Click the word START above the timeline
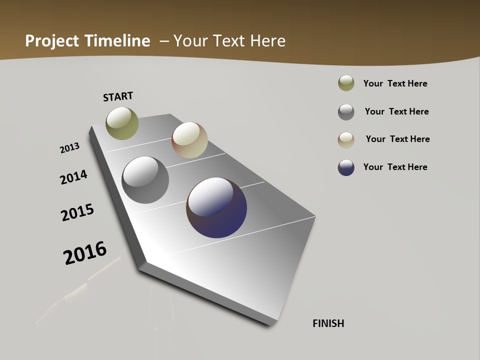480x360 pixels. pos(118,96)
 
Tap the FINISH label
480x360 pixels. pos(328,323)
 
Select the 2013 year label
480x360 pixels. pos(69,148)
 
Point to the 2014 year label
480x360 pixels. pos(73,177)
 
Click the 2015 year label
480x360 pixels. pos(77,212)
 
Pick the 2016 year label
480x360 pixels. pos(85,253)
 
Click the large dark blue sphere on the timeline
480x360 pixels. pos(216,207)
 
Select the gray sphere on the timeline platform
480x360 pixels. pos(145,180)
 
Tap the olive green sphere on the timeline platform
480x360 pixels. pos(122,123)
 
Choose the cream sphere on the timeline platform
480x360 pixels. pos(189,140)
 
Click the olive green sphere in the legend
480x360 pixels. pos(346,83)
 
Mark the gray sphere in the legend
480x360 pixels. pos(346,112)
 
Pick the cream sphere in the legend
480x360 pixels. pos(346,140)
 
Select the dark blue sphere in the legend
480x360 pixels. pos(346,167)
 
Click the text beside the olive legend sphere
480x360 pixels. pos(395,83)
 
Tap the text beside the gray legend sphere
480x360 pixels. pos(396,111)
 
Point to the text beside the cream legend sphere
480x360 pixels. pos(397,139)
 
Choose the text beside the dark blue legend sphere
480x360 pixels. pos(395,167)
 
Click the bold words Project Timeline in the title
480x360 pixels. pos(87,41)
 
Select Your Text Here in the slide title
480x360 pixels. pos(229,41)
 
